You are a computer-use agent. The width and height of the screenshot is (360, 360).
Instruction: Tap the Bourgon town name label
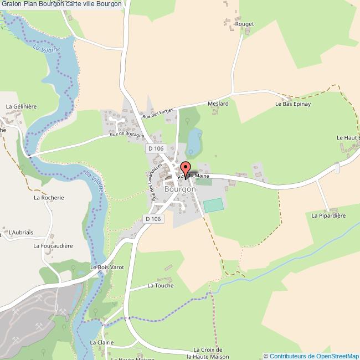coord(180,189)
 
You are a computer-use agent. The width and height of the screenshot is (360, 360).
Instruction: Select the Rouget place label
coord(244,24)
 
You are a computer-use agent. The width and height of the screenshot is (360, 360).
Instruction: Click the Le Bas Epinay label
coord(293,104)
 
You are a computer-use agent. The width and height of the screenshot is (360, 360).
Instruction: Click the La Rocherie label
coord(49,197)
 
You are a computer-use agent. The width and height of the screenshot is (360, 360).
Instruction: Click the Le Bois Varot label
coord(107,268)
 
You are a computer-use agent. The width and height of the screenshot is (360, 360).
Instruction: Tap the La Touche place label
coord(160,286)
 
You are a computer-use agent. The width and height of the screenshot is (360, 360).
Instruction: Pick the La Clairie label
coord(101,342)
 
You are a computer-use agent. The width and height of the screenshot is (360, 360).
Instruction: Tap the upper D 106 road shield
coord(156,148)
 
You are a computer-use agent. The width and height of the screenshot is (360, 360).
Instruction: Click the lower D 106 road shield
coord(153,219)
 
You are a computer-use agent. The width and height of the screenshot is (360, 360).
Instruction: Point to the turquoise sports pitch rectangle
coord(214,205)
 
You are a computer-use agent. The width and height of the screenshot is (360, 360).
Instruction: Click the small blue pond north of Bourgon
coord(194,140)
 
